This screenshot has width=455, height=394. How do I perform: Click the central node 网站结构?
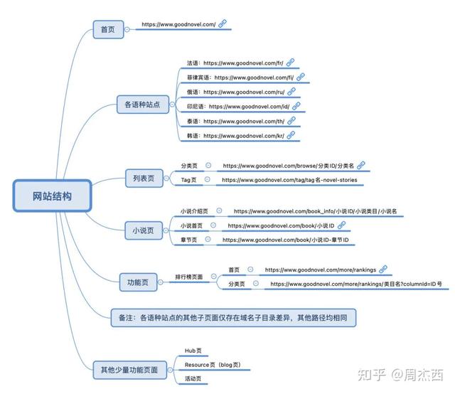[x=52, y=196]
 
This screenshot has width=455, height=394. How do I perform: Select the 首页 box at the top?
[x=108, y=29]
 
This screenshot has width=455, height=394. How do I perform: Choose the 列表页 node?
[x=144, y=178]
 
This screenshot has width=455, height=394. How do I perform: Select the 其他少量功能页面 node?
[x=134, y=369]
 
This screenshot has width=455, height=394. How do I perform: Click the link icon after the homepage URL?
[x=222, y=25]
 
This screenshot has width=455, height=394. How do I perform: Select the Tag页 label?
[x=188, y=180]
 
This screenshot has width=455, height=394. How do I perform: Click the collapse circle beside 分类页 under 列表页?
[x=208, y=164]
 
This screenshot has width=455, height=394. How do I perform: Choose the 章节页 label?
[x=188, y=240]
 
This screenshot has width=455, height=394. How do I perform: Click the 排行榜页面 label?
[x=189, y=276]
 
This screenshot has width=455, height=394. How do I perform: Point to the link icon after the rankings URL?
[x=382, y=270]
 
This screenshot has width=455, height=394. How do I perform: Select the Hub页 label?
[x=193, y=351]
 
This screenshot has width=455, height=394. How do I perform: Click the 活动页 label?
[x=193, y=379]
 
